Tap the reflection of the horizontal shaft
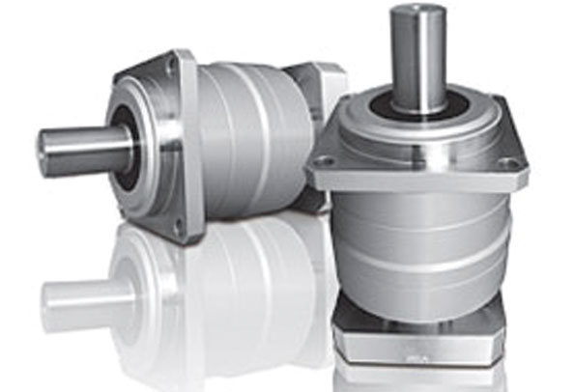coord(82,294)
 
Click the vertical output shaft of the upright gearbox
coord(417,58)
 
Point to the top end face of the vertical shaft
coord(417,12)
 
